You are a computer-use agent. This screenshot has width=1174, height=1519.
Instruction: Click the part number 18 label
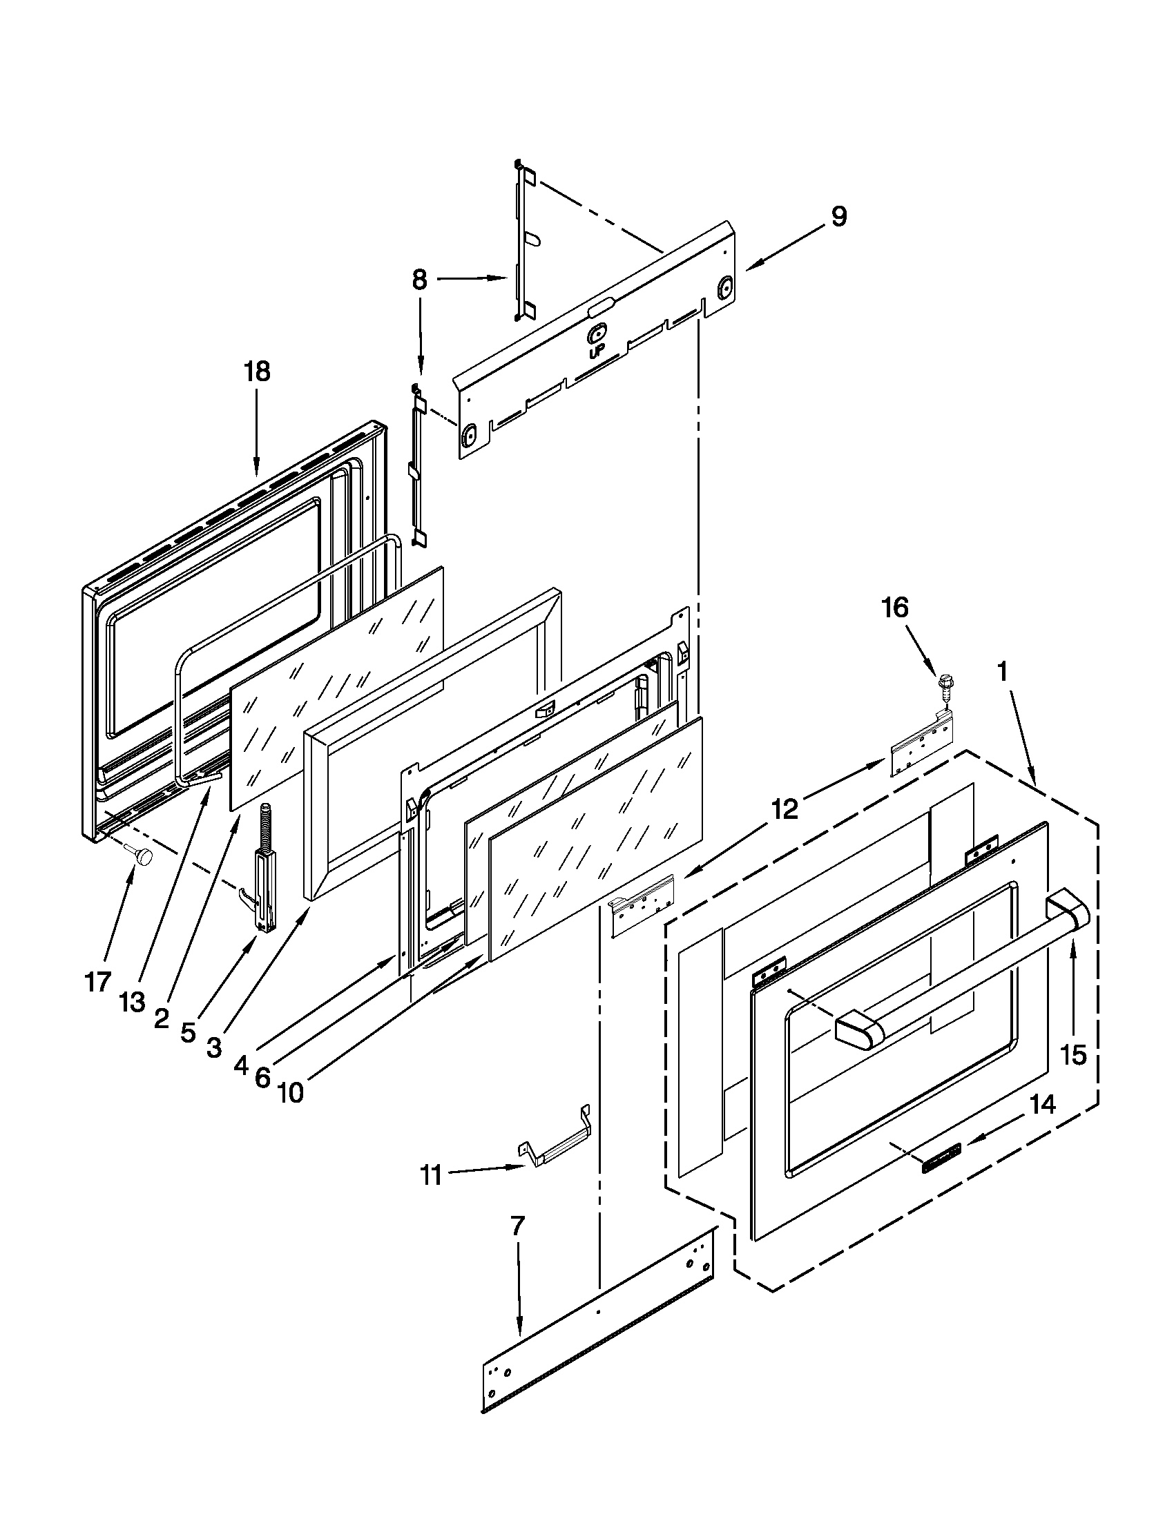pyautogui.click(x=257, y=371)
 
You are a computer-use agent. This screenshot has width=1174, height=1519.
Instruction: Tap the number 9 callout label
pyautogui.click(x=839, y=217)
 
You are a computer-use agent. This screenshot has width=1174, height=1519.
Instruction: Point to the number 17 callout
pyautogui.click(x=98, y=982)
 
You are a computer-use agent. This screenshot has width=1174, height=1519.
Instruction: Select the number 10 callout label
pyautogui.click(x=291, y=1094)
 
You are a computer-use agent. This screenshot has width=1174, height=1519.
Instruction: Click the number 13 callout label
pyautogui.click(x=132, y=1003)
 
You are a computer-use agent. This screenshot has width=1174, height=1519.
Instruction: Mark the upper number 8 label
pyautogui.click(x=418, y=280)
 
